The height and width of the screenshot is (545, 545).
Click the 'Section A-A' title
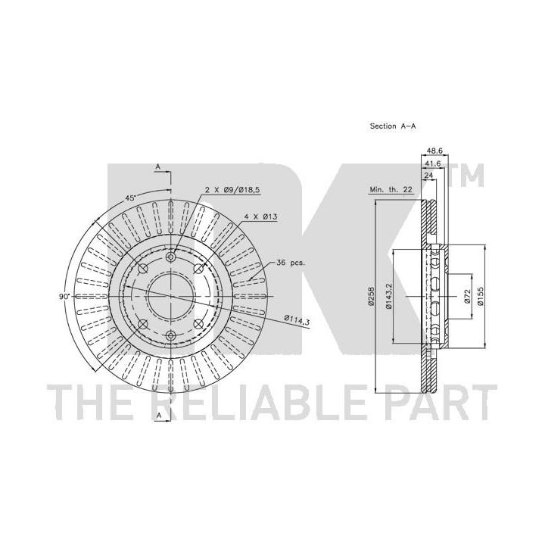pos(392,126)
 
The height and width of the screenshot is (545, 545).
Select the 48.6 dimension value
pos(434,151)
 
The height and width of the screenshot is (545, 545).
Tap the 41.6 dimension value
pos(433,163)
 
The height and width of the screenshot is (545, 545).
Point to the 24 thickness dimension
pos(428,176)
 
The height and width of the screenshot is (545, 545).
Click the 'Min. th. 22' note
pos(391,189)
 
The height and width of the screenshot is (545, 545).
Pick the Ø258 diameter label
pos(372,296)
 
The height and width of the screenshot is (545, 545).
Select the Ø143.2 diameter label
pos(389,296)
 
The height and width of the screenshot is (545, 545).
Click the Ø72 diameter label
pos(467,296)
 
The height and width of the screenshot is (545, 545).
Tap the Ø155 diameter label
pos(481,296)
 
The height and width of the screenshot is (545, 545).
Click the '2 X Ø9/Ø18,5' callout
pos(232,190)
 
